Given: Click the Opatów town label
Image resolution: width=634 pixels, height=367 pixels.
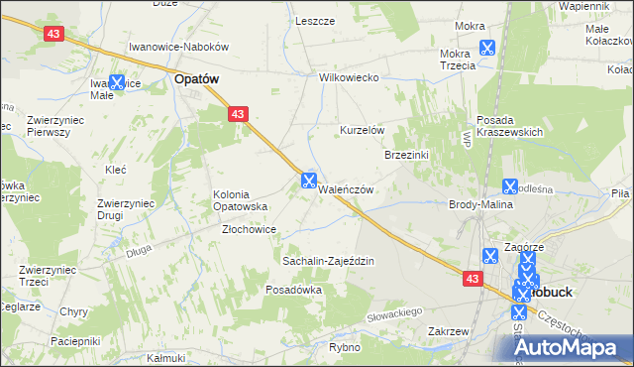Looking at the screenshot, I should [x=196, y=77].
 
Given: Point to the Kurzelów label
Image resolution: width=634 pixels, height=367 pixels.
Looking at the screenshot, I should [x=362, y=131].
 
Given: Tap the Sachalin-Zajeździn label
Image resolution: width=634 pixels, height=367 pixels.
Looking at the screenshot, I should [x=328, y=261].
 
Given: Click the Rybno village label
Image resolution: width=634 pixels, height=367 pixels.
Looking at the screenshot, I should [x=345, y=348].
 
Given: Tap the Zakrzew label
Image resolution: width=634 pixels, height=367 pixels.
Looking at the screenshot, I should [x=448, y=331].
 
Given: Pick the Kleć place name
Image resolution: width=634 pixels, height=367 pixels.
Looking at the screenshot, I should [x=115, y=170].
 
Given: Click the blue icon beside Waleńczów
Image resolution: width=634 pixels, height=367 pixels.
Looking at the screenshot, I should [x=308, y=181].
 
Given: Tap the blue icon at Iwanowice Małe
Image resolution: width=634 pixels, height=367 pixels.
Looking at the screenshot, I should [x=117, y=84].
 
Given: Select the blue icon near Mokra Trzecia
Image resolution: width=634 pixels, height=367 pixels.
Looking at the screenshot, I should [x=486, y=47].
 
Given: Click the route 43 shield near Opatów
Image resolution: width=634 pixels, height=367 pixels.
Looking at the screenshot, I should [x=238, y=115].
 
